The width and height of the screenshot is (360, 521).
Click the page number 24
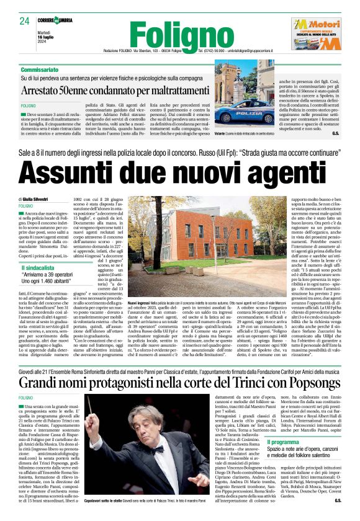click(x=25, y=21)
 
